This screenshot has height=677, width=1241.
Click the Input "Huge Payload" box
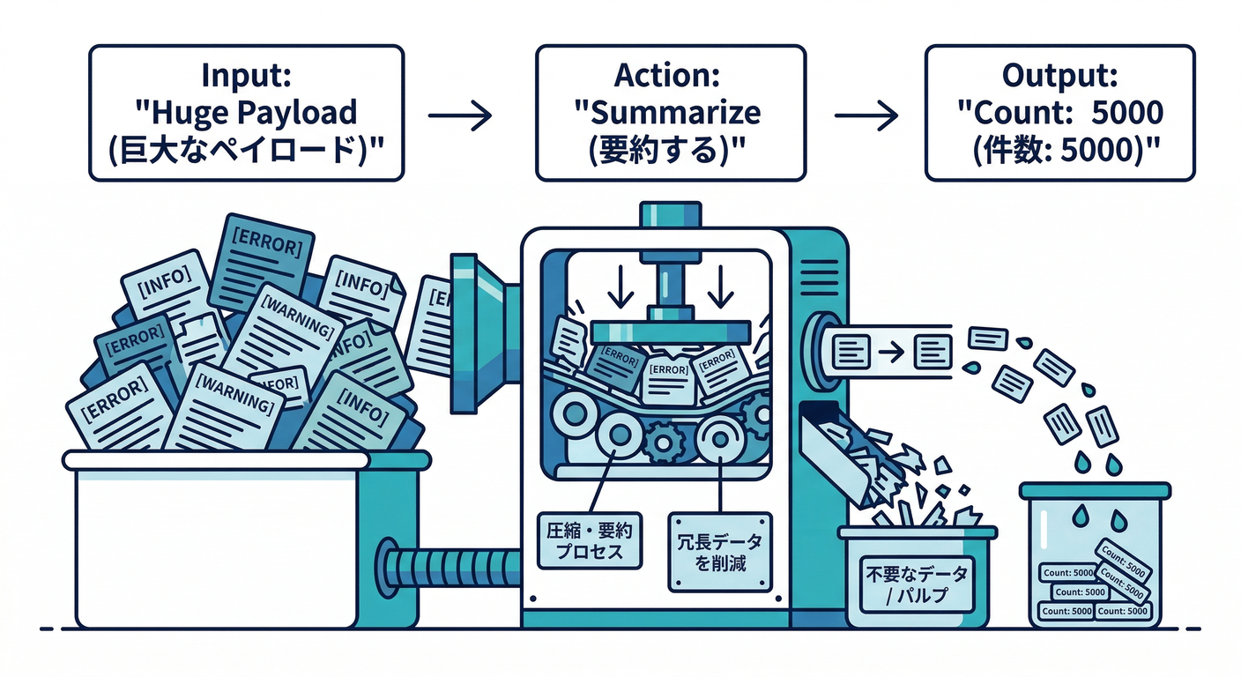(246, 114)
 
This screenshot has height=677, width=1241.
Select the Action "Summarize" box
(670, 114)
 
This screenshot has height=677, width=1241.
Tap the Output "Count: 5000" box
(1059, 114)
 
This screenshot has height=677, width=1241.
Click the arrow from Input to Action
(459, 115)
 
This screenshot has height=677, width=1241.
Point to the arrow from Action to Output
(865, 115)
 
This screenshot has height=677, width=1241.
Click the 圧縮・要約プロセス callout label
(591, 541)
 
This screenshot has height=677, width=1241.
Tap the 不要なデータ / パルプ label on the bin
(916, 584)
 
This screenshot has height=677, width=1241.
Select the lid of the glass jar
(1095, 491)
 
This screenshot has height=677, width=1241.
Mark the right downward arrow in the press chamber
(720, 285)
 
